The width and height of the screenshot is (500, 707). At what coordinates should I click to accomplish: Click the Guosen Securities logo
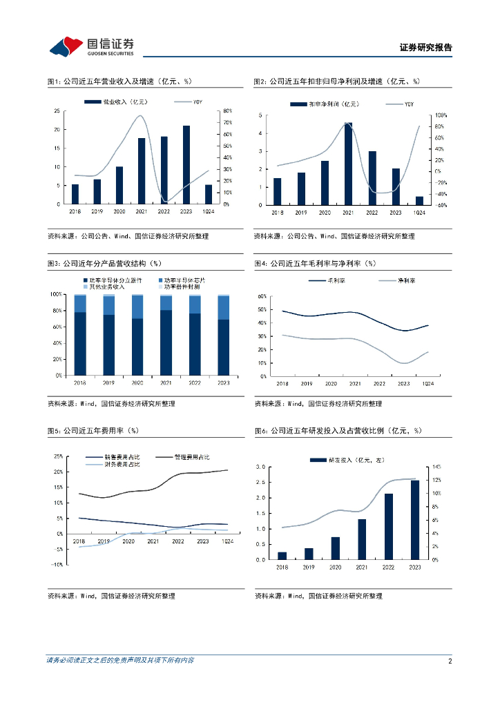click(92, 46)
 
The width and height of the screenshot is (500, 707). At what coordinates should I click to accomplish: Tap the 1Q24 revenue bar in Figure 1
click(209, 194)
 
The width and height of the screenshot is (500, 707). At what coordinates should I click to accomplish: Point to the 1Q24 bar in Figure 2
click(419, 200)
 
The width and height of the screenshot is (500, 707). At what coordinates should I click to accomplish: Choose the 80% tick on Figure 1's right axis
click(228, 111)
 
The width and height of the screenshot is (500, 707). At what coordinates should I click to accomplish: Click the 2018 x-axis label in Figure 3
click(80, 382)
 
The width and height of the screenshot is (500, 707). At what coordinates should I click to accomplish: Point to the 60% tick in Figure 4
click(262, 296)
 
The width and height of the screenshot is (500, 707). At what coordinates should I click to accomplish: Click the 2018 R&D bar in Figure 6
click(282, 556)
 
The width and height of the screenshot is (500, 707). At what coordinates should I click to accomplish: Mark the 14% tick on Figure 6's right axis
click(436, 467)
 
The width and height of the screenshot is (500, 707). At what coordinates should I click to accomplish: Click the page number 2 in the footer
click(450, 661)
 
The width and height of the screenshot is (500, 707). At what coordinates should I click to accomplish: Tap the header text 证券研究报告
click(426, 48)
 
